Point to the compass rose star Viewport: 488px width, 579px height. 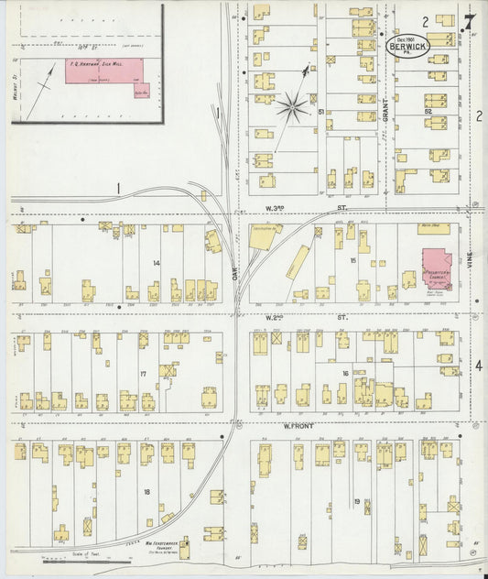tap(292, 107)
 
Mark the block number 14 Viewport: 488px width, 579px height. tap(157, 263)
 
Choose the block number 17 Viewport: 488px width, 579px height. tap(144, 374)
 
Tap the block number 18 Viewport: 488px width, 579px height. tap(146, 492)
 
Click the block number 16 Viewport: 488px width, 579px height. tap(346, 373)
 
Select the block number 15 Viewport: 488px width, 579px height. tap(352, 261)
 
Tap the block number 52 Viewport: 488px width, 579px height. tap(428, 110)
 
